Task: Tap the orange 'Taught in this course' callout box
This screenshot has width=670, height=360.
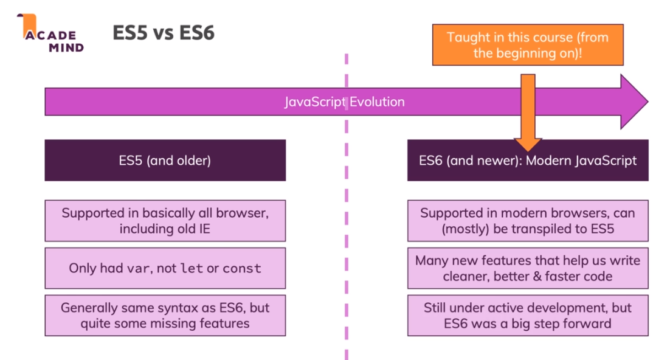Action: coord(527,44)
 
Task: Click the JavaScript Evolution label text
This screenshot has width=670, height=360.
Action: coord(344,102)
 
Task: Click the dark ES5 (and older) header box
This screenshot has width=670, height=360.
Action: coord(165,161)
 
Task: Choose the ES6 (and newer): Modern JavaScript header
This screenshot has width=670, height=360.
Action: coord(527,161)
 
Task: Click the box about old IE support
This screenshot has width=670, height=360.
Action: coord(165,221)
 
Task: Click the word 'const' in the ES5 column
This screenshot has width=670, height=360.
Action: coord(242,268)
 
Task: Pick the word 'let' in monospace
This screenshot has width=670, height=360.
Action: coord(192,268)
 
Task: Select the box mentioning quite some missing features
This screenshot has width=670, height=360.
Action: coord(165,315)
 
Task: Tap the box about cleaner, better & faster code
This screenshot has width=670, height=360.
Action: coord(527,268)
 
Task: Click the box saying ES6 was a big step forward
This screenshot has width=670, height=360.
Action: coord(527,315)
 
